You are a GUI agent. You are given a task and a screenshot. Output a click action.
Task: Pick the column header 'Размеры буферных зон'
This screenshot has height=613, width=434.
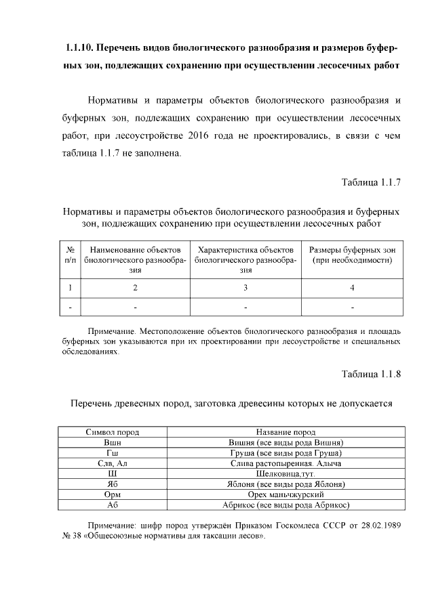[x=352, y=250]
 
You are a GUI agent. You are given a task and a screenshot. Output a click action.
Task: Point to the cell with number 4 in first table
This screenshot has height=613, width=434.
[x=352, y=288]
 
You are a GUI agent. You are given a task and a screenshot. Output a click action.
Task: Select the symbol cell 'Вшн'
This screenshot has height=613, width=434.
[x=112, y=443]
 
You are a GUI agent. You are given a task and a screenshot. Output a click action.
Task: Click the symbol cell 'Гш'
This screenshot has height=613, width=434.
[x=112, y=453]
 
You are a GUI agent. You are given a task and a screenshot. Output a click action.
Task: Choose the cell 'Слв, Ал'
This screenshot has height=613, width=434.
[x=112, y=463]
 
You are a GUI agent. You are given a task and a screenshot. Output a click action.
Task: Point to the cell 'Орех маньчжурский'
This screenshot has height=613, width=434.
[x=285, y=495]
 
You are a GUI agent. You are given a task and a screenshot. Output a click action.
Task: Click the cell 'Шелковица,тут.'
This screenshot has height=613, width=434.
[x=285, y=474]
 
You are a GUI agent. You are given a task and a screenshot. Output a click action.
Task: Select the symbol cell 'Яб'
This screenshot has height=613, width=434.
[x=112, y=484]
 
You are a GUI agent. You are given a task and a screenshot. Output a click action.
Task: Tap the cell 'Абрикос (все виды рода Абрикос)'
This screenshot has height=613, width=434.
[x=285, y=505]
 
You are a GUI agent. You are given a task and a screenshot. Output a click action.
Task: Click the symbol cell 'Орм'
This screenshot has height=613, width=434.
[x=112, y=495]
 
